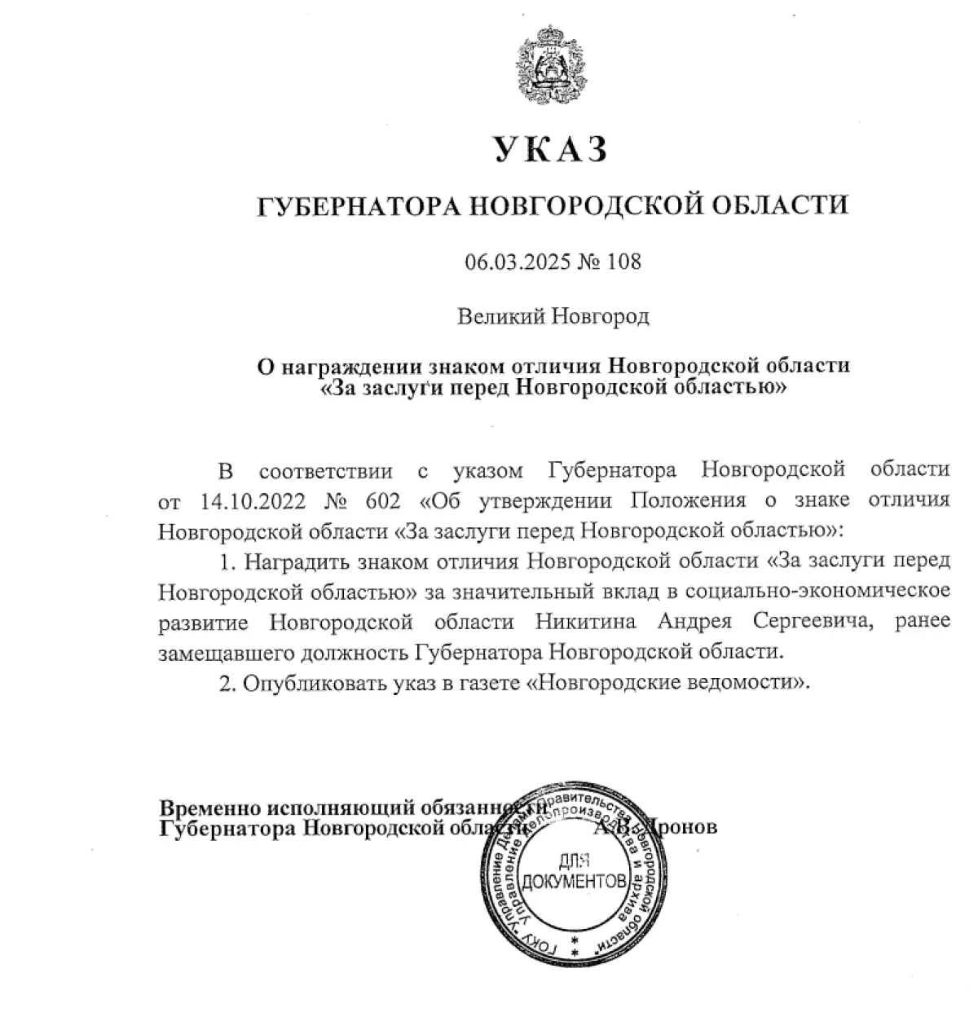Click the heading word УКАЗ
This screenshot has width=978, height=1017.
pyautogui.click(x=552, y=150)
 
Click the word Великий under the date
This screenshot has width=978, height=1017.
pyautogui.click(x=500, y=316)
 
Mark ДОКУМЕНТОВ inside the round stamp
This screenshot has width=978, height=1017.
pyautogui.click(x=575, y=881)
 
